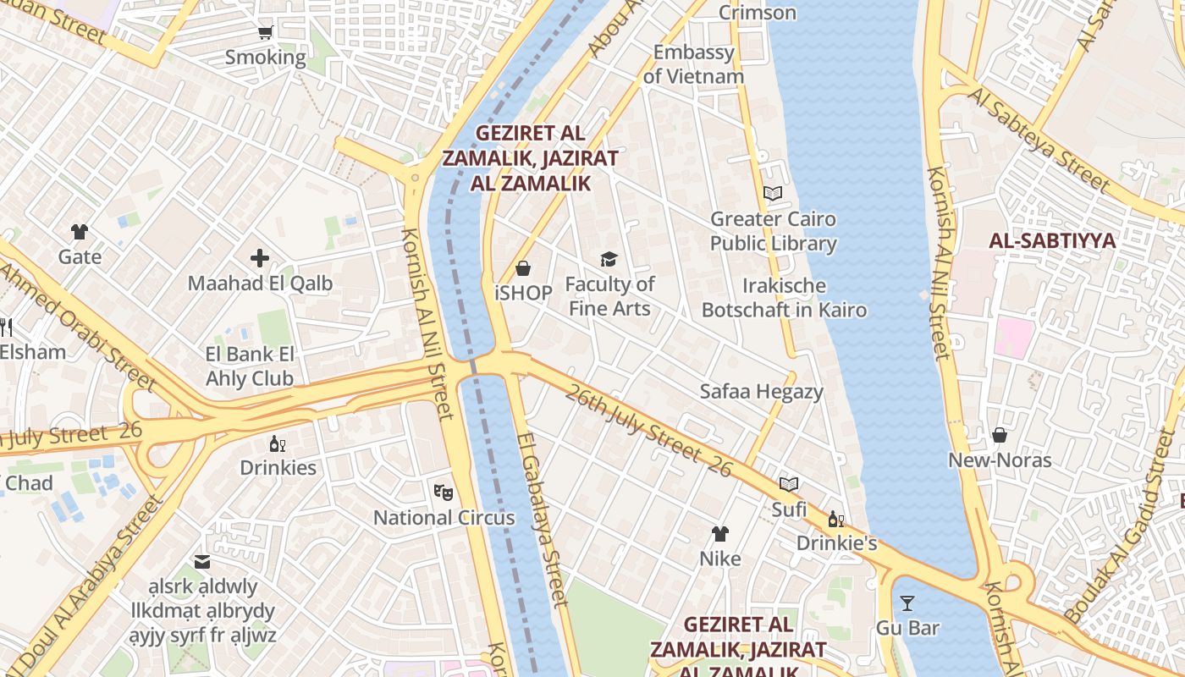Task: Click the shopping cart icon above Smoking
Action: [x=265, y=33]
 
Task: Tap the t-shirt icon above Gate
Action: [x=80, y=231]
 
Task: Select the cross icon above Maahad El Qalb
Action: [x=260, y=258]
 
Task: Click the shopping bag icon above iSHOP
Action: [x=523, y=268]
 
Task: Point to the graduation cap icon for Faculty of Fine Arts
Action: [x=609, y=259]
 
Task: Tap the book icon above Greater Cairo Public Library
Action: [x=773, y=193]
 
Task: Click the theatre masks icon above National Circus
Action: [x=444, y=492]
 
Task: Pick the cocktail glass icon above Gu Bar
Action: [x=907, y=603]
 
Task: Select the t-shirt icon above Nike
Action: [x=719, y=533]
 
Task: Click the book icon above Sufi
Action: [x=789, y=484]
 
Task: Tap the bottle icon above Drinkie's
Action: [x=835, y=519]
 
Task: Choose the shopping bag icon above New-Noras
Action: [x=1000, y=435]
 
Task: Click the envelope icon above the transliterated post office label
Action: [x=202, y=561]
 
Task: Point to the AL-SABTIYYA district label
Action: [x=1052, y=241]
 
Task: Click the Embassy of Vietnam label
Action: [x=693, y=64]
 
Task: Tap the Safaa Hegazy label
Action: [x=761, y=392]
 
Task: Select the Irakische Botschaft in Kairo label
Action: [x=784, y=297]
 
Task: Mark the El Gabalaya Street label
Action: [x=542, y=520]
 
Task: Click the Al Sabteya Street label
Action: [x=1039, y=139]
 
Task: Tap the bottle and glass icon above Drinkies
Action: [x=278, y=443]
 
